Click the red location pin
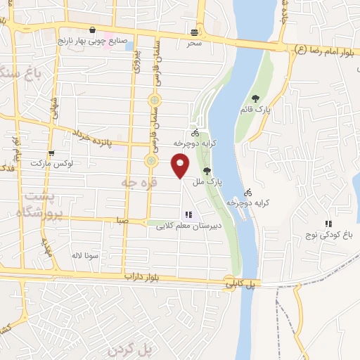point(181,166)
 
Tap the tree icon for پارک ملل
point(206,170)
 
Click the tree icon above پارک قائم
point(255,98)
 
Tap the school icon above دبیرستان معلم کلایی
point(188,214)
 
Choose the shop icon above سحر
point(194,32)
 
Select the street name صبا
point(122,220)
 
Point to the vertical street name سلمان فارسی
point(152,105)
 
